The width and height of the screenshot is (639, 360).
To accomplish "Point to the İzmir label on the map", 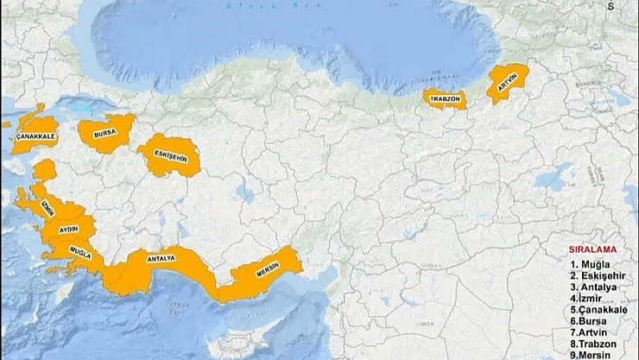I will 47,208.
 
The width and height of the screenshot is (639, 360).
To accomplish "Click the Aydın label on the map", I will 69,231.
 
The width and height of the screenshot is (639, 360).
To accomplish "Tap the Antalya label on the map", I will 161,258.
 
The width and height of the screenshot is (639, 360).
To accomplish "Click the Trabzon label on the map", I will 445,99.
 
